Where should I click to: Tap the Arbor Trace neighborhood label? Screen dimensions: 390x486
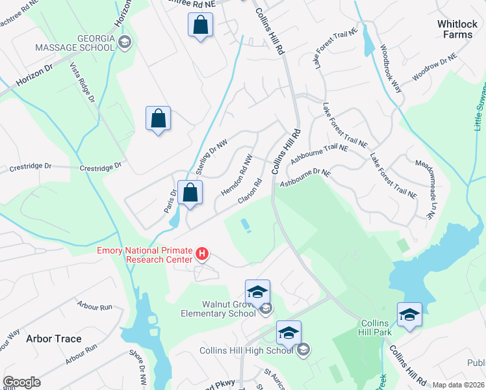click(x=53, y=339)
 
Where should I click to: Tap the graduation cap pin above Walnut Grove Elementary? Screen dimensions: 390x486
click(x=257, y=291)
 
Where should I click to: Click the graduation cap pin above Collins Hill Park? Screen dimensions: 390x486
click(x=409, y=315)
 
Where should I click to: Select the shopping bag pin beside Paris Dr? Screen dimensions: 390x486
click(x=190, y=192)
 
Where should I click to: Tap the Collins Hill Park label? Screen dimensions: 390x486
click(x=375, y=328)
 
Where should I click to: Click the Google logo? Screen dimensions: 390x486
click(x=22, y=382)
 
